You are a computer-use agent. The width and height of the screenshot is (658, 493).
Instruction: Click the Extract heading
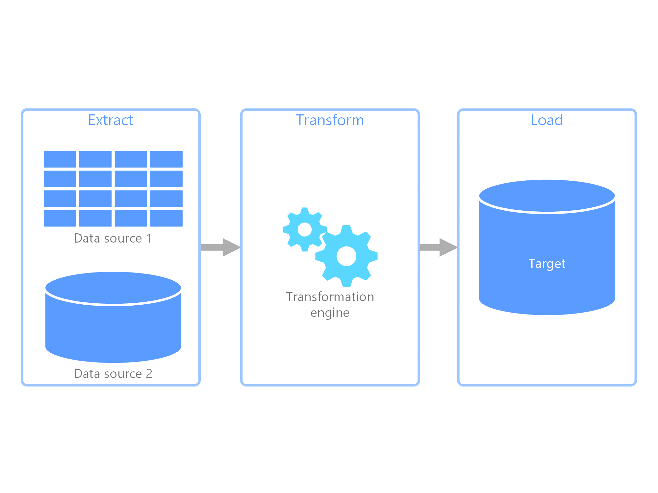pos(111,120)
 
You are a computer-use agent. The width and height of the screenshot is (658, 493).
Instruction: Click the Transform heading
pos(330,120)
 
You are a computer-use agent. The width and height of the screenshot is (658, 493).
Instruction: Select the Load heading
pos(546,120)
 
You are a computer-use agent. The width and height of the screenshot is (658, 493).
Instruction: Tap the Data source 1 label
pos(113,238)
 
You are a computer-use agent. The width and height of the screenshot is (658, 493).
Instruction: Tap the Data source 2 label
pos(113,374)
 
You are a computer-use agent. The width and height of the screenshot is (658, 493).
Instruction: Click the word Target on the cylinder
pos(547,264)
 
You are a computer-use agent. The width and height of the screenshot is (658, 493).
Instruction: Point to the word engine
pos(330,313)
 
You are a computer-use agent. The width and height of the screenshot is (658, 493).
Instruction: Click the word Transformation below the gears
pos(330,297)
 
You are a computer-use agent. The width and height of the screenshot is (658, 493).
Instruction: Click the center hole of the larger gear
pos(346,256)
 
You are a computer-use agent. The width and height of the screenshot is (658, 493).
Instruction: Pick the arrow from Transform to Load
pos(439,247)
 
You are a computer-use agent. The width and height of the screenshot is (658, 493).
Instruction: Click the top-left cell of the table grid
pos(60,159)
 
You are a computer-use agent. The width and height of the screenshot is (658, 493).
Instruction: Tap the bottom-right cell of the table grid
pos(166,218)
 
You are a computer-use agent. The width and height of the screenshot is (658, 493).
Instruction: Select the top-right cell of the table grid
pos(166,159)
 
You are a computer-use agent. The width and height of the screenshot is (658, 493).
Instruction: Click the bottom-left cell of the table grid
pos(60,218)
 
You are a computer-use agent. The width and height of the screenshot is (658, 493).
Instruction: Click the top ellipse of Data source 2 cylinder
pos(113,288)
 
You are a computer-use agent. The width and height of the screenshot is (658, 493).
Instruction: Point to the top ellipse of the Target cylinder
pos(547,196)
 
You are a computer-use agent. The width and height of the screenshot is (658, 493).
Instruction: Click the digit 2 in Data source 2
pos(149,374)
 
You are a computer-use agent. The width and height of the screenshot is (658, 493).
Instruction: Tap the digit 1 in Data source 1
pos(149,238)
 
